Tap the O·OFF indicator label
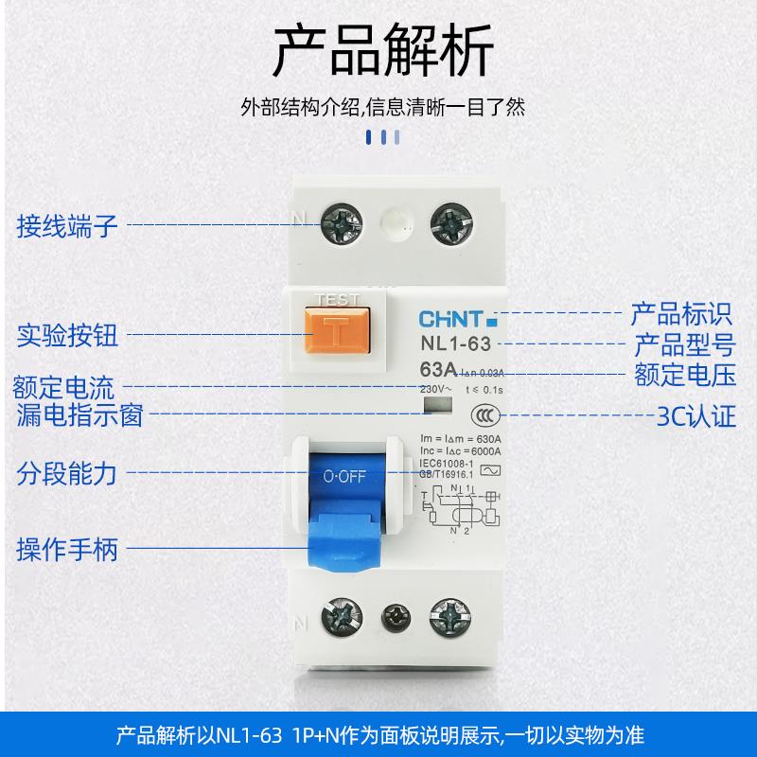click(x=343, y=478)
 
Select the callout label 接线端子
click(x=66, y=225)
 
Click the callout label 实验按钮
click(x=66, y=336)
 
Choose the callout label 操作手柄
click(x=66, y=549)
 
